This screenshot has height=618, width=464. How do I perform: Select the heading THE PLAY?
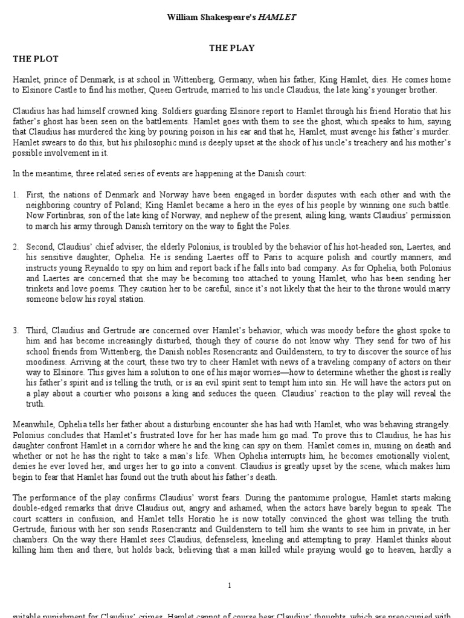[x=231, y=48]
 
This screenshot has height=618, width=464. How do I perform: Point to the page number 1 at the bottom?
[x=231, y=585]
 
